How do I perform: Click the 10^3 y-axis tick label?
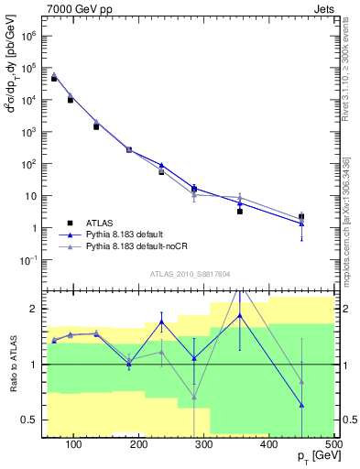pyautogui.click(x=28, y=132)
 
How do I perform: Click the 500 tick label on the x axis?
pyautogui.click(x=333, y=444)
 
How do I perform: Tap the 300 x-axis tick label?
pyautogui.click(x=204, y=444)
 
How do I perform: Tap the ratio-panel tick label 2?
pyautogui.click(x=33, y=309)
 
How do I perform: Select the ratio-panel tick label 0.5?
pyautogui.click(x=29, y=420)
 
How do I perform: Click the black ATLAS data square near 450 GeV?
pyautogui.click(x=301, y=217)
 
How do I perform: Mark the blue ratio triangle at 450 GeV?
pyautogui.click(x=301, y=405)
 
